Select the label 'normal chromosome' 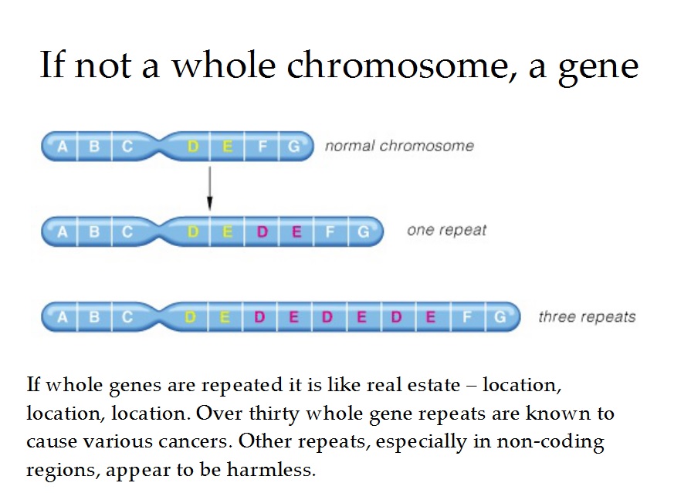[x=399, y=145]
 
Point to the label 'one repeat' [x=446, y=230]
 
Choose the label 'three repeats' [x=587, y=316]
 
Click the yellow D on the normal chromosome [x=193, y=146]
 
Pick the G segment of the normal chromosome [x=293, y=146]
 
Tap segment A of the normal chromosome [x=63, y=146]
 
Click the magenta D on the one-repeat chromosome [x=262, y=231]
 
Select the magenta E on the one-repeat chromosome [x=296, y=231]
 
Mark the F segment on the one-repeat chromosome [x=330, y=231]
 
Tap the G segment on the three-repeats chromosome [x=500, y=317]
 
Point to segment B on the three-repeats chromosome [x=95, y=317]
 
